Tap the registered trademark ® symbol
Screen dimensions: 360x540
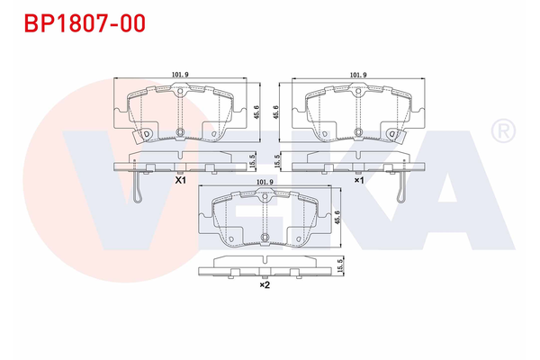(500, 131)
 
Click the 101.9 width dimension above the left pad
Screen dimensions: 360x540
(180, 76)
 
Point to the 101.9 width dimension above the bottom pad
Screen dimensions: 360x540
(265, 183)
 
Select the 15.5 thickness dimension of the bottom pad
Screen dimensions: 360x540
(340, 267)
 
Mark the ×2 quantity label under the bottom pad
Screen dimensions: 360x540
(265, 285)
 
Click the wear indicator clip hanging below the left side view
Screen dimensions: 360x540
(137, 187)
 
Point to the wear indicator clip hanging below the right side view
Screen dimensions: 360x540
(402, 187)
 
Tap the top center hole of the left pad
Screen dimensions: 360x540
(180, 92)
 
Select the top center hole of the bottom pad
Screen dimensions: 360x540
(265, 198)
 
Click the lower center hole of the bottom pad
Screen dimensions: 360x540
(265, 238)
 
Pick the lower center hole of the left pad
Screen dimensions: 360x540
(180, 133)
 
